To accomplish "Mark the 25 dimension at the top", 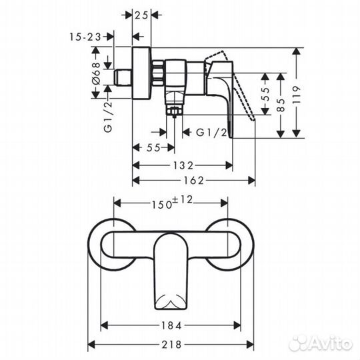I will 142,14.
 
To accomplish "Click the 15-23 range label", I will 85,38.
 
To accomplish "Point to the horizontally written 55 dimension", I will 153,148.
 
